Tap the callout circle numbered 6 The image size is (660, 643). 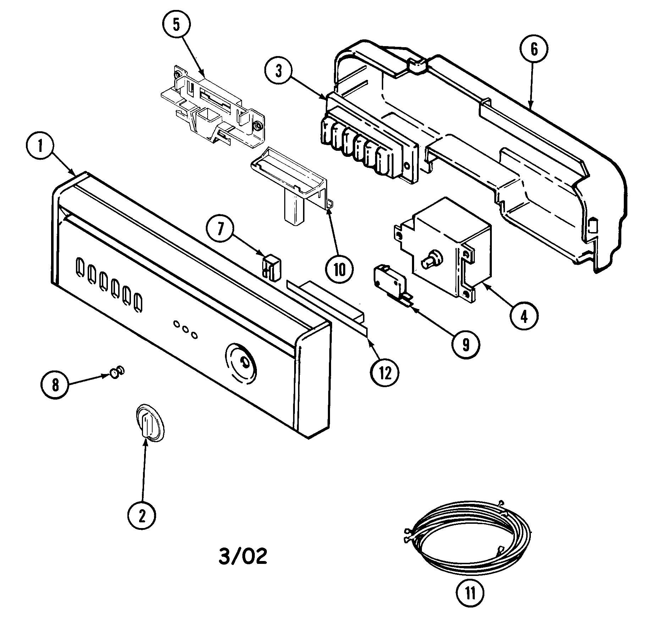click(534, 50)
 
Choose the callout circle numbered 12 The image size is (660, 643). click(385, 373)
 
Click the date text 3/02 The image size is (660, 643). click(243, 557)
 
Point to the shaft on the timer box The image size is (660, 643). click(430, 259)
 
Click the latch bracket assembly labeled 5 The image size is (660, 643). click(213, 106)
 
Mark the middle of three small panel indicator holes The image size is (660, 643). click(185, 329)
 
